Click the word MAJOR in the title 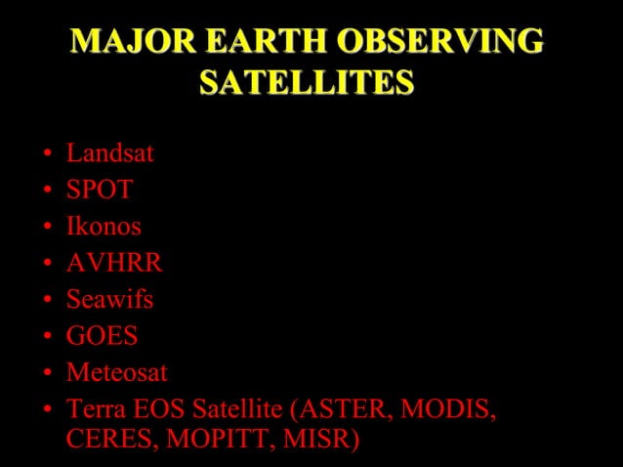pos(121,43)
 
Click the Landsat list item pos(109,153)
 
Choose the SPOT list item pos(99,190)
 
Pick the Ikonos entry pos(104,227)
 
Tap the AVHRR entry pos(114,263)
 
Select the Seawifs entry pos(109,300)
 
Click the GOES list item pos(102,337)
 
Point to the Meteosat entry pos(117,373)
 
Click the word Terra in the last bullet pos(91,409)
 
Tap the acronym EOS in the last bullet pos(150,409)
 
